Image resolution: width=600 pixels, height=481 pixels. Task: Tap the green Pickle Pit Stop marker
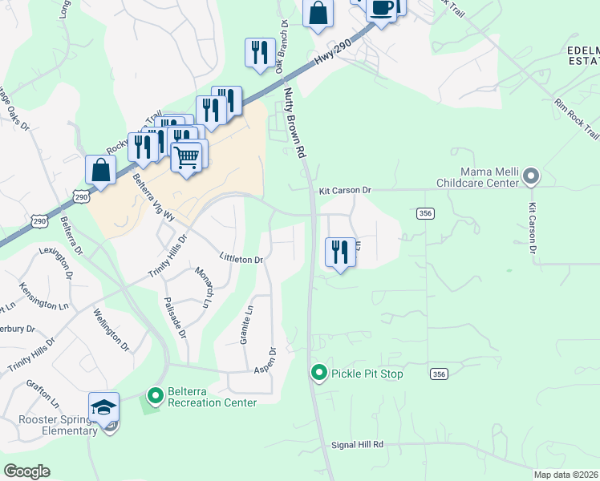pos(319,374)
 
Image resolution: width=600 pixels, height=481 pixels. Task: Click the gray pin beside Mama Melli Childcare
pos(530,176)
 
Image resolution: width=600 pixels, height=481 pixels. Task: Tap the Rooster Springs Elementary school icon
pos(103,408)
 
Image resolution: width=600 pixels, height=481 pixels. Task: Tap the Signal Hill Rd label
pos(357,444)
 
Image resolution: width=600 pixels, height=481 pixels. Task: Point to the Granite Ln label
pos(246,325)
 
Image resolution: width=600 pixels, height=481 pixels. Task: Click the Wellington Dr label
pos(111,329)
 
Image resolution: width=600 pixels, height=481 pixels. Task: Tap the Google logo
pos(26,471)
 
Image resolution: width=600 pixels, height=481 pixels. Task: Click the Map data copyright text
pos(566,475)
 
